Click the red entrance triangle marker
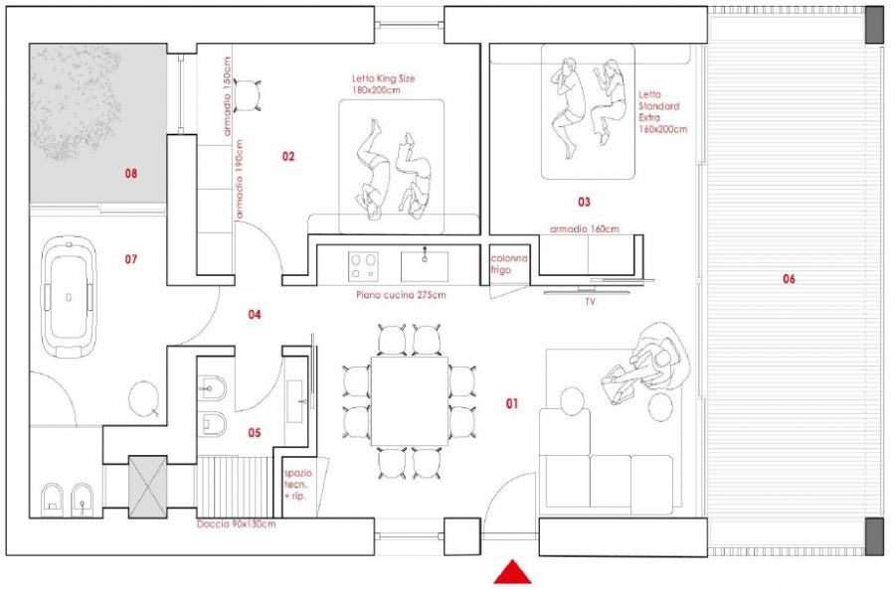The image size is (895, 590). [512, 573]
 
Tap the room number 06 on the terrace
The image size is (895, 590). [788, 279]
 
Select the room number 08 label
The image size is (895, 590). [130, 174]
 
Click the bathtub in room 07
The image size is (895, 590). [68, 296]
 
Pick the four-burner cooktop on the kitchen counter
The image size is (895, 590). [363, 266]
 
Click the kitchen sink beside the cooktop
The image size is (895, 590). [425, 266]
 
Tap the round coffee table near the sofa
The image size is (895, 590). [571, 401]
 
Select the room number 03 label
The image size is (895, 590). [584, 202]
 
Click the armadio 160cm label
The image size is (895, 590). [585, 229]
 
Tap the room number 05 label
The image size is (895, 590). [254, 433]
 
